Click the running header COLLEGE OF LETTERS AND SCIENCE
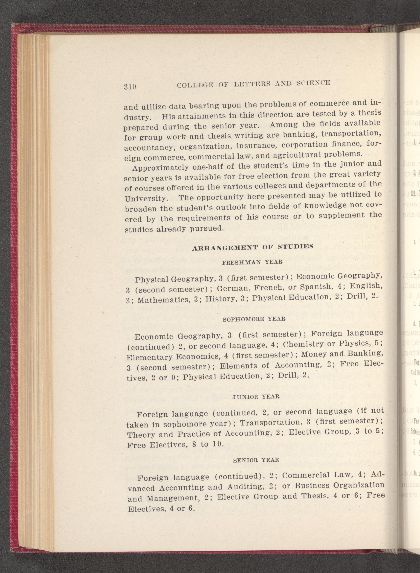pyautogui.click(x=253, y=84)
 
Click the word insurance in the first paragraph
pyautogui.click(x=255, y=152)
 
